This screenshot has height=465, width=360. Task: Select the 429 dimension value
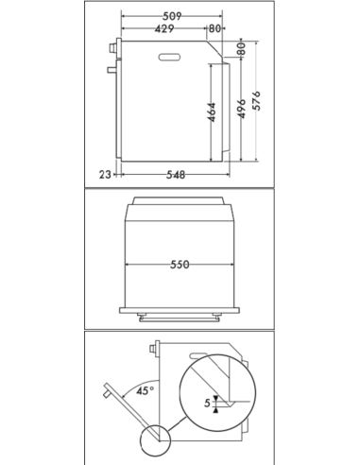point(163,29)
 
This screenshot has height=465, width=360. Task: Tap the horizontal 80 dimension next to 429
point(215,29)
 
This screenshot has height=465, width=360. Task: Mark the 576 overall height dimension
point(255,99)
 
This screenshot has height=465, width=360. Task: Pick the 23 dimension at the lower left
point(104,174)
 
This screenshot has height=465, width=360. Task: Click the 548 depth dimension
point(175,174)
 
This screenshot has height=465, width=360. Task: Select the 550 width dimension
point(180,265)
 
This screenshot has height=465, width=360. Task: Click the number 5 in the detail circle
point(209,402)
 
